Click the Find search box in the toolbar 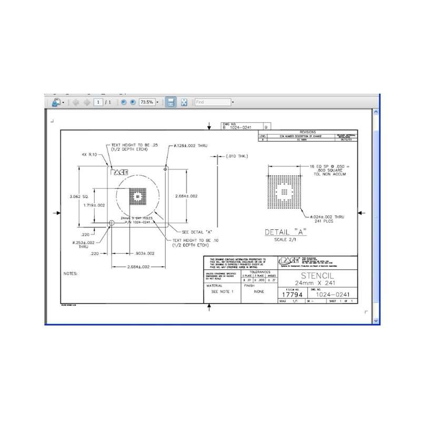click(x=212, y=102)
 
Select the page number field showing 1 click(x=98, y=102)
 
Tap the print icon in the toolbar click(x=56, y=102)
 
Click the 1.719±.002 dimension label click(x=95, y=205)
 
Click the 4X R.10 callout click(x=90, y=154)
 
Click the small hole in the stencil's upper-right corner click(x=166, y=169)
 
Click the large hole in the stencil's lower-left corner click(x=111, y=224)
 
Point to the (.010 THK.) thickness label click(x=236, y=156)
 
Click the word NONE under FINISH click(x=259, y=291)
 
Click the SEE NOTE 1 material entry click(x=222, y=291)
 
